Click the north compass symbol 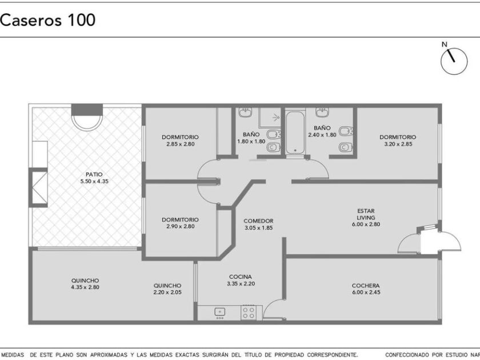click(x=454, y=61)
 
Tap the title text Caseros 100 click(x=47, y=20)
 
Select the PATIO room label click(x=94, y=174)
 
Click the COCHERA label click(x=366, y=286)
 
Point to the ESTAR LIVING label click(x=366, y=214)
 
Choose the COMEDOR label click(x=258, y=221)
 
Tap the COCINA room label click(x=241, y=277)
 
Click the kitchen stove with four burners click(x=248, y=313)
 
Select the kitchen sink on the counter click(x=219, y=312)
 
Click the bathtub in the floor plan click(x=295, y=133)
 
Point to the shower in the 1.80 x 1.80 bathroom click(x=270, y=117)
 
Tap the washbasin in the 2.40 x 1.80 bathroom click(x=322, y=112)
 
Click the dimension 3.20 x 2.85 click(x=398, y=144)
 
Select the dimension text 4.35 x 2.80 click(x=85, y=287)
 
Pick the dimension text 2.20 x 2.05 click(x=167, y=292)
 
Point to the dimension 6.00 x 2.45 click(x=366, y=292)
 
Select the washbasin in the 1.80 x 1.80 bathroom click(x=245, y=112)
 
